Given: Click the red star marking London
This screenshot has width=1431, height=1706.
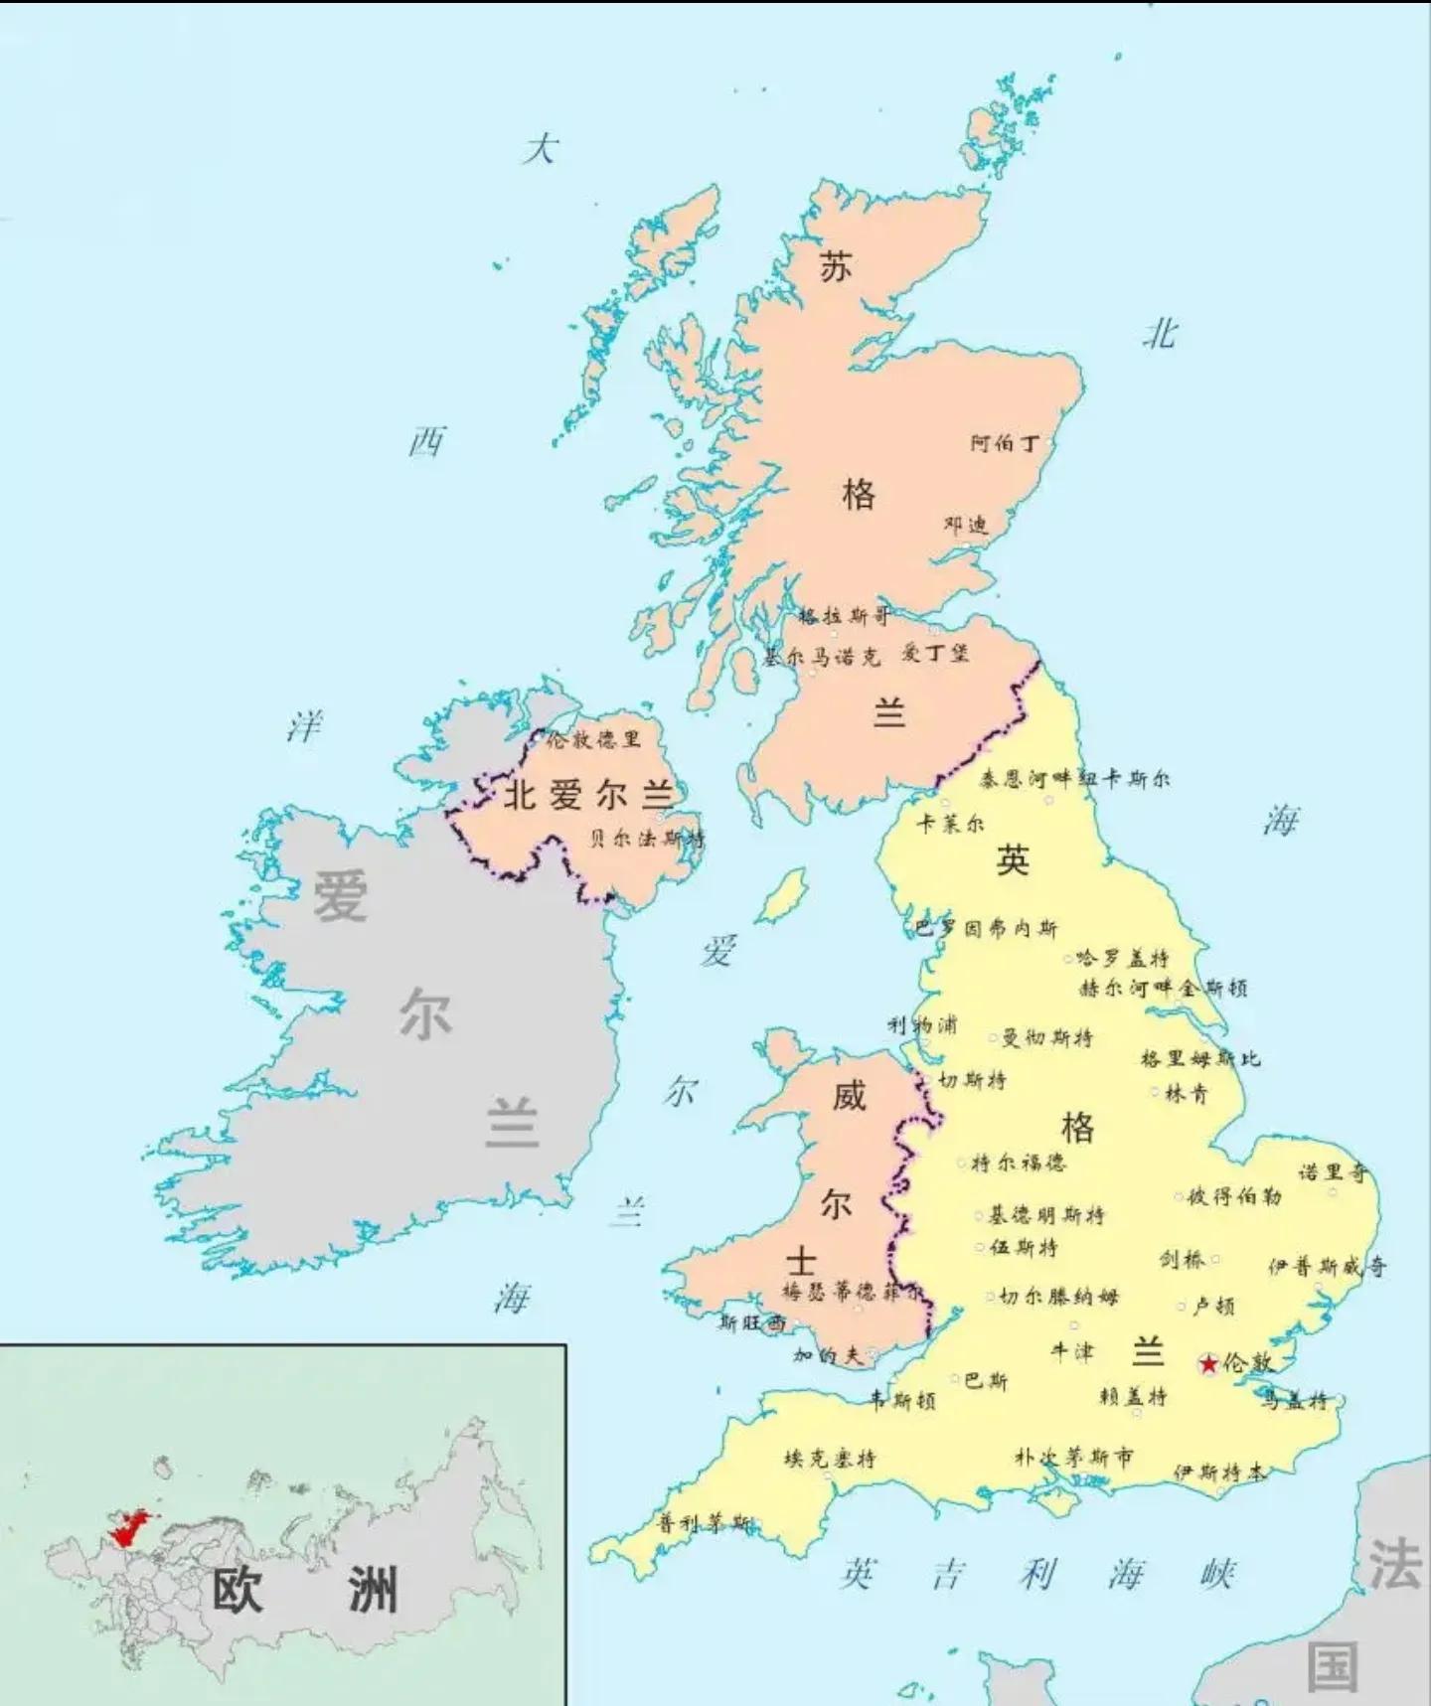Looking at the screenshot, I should [x=1208, y=1364].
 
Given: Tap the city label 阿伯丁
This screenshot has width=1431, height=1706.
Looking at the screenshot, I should [x=1005, y=443].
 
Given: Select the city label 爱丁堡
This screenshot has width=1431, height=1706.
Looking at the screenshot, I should [x=934, y=653].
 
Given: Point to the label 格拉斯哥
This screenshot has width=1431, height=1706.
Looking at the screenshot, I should [x=844, y=616].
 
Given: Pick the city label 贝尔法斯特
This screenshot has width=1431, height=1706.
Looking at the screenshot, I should [x=646, y=838].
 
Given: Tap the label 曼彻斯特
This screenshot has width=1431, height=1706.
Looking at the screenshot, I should [x=1046, y=1038].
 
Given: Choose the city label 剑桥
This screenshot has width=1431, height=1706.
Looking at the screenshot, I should [x=1183, y=1259].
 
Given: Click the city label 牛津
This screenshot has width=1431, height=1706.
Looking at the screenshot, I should [x=1073, y=1351].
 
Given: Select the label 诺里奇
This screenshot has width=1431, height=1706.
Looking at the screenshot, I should [x=1333, y=1172].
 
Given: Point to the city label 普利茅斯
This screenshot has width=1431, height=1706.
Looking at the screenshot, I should [x=705, y=1523].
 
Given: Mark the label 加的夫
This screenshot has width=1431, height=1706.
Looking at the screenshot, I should [x=828, y=1354].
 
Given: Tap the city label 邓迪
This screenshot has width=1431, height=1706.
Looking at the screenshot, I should [x=966, y=525].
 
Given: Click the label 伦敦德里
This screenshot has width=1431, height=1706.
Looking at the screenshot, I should [x=593, y=739].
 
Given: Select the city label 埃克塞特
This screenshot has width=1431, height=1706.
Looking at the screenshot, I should [x=830, y=1459].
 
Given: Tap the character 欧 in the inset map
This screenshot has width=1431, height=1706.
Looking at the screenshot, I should [x=238, y=1589].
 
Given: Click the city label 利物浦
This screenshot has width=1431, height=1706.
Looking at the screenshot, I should [x=922, y=1024].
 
